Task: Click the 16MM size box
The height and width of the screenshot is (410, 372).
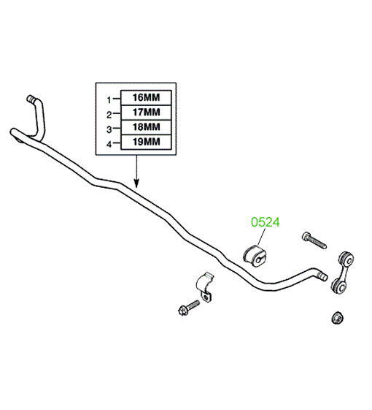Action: tap(146, 98)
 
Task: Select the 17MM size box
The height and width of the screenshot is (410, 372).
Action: tap(146, 113)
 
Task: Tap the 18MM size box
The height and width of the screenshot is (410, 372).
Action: tap(146, 127)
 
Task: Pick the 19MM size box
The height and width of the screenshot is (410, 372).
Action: tap(146, 143)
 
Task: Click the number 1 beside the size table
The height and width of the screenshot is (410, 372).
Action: tap(109, 99)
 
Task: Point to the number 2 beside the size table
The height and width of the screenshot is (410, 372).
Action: tap(109, 115)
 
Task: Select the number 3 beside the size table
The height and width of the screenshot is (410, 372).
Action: tap(109, 129)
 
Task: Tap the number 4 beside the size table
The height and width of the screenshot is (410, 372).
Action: tap(109, 144)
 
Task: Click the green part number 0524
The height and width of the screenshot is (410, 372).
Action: tap(266, 222)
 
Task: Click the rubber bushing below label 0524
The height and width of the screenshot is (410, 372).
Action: tap(255, 256)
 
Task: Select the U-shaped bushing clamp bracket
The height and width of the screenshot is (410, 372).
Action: tap(205, 287)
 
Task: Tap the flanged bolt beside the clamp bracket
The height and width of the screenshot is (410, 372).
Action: tap(189, 308)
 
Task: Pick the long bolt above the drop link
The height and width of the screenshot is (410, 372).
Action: tap(314, 241)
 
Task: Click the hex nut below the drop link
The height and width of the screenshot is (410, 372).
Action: tap(337, 317)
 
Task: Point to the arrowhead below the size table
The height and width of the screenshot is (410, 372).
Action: tap(136, 183)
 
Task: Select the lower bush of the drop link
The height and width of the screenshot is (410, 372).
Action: tap(338, 286)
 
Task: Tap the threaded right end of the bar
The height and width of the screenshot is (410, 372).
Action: tap(322, 276)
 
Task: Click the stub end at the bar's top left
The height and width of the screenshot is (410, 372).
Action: tap(31, 99)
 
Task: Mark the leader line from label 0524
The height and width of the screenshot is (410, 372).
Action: tap(262, 237)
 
